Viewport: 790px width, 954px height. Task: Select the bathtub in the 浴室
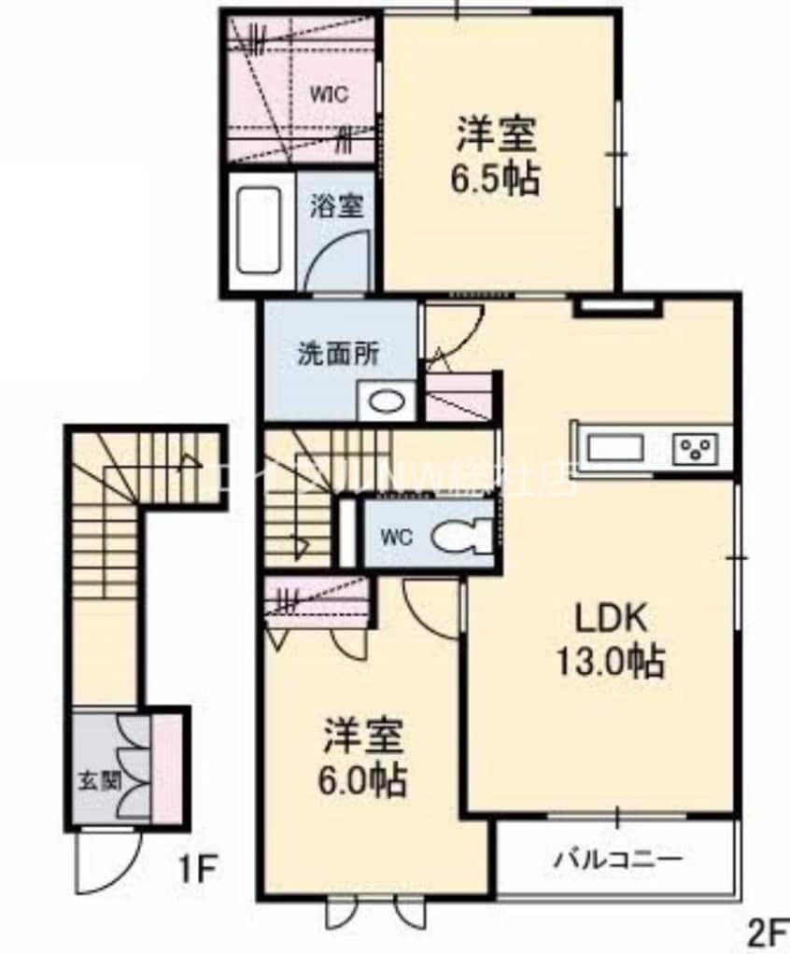point(259,231)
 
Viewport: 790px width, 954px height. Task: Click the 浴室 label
point(336,205)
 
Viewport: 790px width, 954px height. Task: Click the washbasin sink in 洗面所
point(387,402)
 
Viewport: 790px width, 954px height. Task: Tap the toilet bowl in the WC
point(458,537)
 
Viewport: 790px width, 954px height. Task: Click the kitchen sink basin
point(614,447)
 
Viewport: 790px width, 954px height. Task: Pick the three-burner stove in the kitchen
point(697,449)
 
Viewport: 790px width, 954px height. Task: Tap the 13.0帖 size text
point(611,662)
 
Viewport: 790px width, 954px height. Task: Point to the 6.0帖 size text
point(365,779)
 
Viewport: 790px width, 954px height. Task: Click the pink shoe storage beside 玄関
point(166,767)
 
